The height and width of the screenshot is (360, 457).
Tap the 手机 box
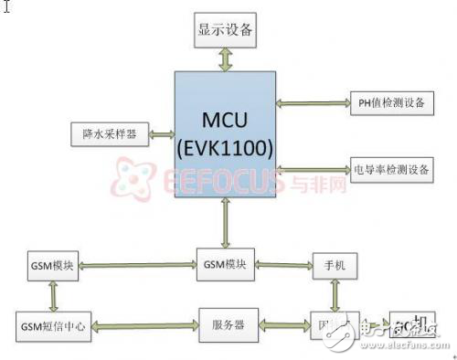pos(335,266)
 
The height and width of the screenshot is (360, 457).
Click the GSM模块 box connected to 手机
pos(227,266)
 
